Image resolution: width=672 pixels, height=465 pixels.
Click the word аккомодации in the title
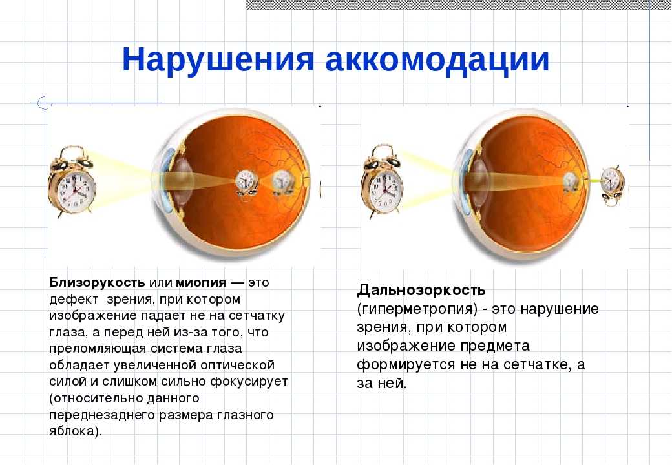point(437,59)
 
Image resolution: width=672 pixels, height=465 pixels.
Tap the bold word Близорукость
point(98,283)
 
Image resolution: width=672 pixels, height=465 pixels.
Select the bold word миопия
point(200,283)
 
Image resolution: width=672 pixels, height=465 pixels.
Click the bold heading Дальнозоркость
point(421,291)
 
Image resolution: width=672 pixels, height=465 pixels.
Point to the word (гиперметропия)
point(417,309)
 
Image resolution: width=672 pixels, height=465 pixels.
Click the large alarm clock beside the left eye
point(72,181)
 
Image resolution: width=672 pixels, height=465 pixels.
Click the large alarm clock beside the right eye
point(383,181)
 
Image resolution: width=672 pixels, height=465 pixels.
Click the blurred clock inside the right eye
point(571,182)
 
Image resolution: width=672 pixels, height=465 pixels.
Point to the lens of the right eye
point(480,180)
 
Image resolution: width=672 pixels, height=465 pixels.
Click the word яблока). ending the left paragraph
point(76,431)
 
